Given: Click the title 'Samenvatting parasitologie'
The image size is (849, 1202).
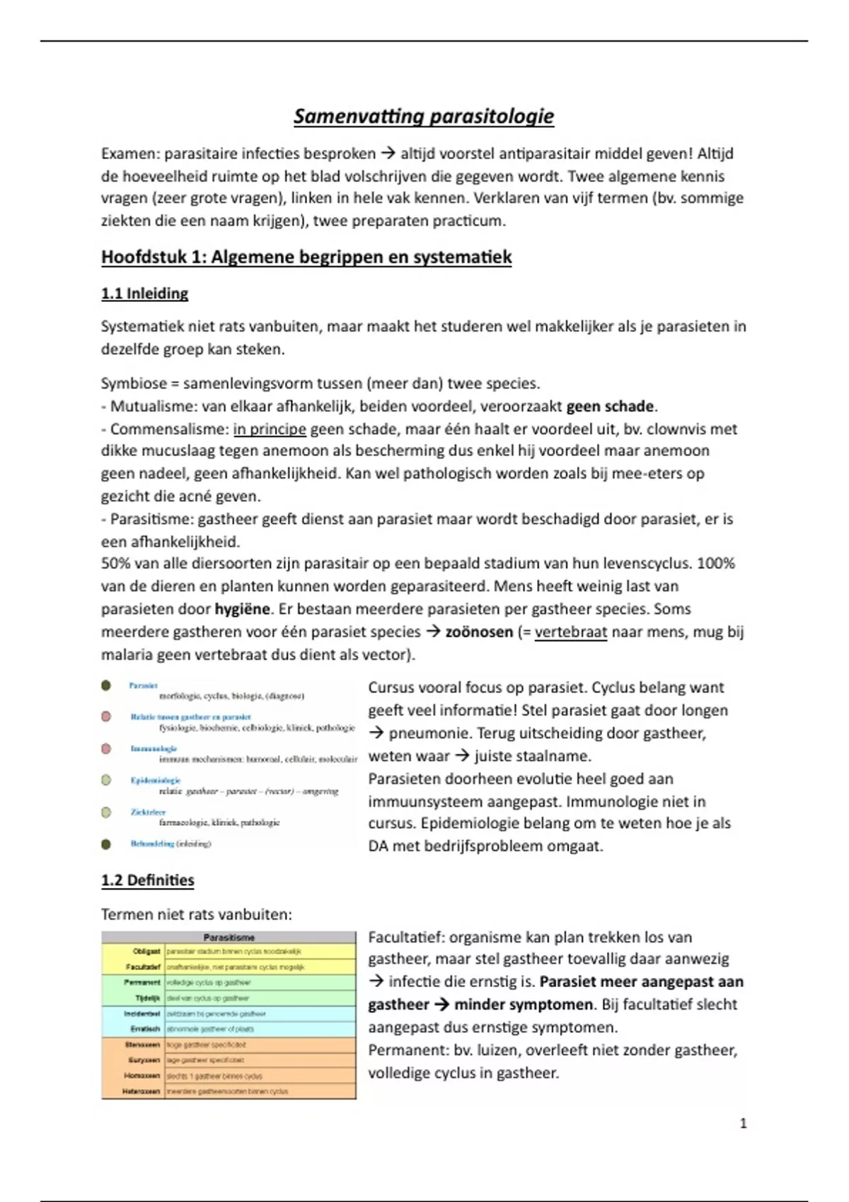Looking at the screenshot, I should (x=424, y=117).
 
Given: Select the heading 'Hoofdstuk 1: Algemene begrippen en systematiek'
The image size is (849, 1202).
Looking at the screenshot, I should (x=306, y=257).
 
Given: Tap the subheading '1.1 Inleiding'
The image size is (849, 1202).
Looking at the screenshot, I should (x=144, y=293).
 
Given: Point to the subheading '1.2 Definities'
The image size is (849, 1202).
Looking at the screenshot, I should (x=147, y=880).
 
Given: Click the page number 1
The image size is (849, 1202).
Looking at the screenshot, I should (x=743, y=1123).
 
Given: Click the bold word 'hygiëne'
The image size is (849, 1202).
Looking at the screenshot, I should (x=242, y=609).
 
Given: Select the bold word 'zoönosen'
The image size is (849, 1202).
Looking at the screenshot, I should (x=479, y=631).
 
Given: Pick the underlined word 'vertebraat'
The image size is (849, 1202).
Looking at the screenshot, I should (x=570, y=631).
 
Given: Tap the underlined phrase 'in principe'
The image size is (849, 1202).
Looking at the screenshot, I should (x=270, y=428).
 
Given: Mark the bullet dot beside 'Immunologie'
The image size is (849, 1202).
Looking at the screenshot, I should (x=106, y=748).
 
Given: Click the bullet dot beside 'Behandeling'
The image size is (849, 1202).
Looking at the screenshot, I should (x=106, y=844).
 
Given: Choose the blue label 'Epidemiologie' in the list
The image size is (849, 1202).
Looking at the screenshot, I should (x=156, y=780).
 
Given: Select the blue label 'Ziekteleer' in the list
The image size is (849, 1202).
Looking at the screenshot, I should (x=148, y=812).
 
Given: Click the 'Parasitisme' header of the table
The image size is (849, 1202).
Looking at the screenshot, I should (x=229, y=938).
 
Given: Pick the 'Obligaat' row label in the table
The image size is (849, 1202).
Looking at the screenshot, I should (x=147, y=952).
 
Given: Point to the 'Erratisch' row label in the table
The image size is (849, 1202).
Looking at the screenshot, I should (x=146, y=1029).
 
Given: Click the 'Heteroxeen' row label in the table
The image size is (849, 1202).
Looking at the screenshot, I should (x=144, y=1091).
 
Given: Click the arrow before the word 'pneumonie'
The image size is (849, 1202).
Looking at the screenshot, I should (x=376, y=733).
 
